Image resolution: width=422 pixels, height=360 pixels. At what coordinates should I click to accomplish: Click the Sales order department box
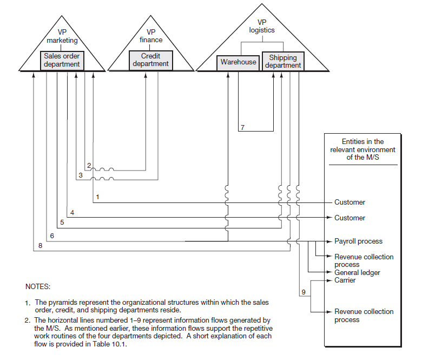[62, 60]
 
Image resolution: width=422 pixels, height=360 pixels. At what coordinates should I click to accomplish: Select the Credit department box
[150, 60]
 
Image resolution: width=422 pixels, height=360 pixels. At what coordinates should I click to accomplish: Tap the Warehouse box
[238, 62]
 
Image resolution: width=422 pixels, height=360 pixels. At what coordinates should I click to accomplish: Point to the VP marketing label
[62, 36]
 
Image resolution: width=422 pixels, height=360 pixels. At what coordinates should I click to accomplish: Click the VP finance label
[151, 36]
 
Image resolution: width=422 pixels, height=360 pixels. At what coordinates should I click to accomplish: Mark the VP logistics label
[262, 26]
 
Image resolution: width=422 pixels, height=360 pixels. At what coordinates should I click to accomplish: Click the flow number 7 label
[243, 128]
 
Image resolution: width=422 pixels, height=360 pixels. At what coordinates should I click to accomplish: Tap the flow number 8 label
[40, 246]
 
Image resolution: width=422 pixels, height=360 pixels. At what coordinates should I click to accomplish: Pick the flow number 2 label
[89, 165]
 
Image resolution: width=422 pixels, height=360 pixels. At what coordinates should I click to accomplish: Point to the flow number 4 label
[72, 213]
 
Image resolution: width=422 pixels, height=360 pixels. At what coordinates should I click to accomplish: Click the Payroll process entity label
[358, 241]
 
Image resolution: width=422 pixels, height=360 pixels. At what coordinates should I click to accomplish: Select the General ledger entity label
[357, 273]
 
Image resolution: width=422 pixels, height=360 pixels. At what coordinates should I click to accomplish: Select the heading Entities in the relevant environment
[362, 149]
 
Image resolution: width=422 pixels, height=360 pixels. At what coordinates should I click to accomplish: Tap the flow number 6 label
[52, 236]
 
